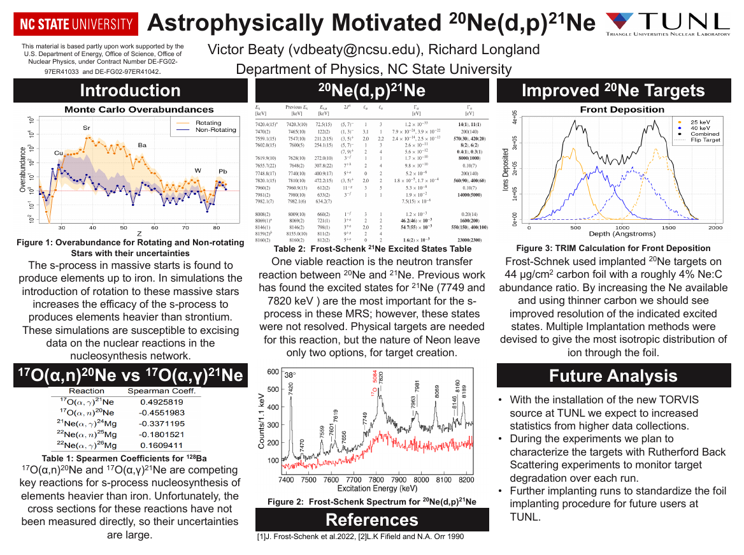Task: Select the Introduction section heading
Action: (130, 91)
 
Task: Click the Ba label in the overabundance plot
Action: (142, 145)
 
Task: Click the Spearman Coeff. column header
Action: (162, 391)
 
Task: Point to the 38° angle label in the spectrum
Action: (290, 375)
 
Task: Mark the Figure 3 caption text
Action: (613, 248)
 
